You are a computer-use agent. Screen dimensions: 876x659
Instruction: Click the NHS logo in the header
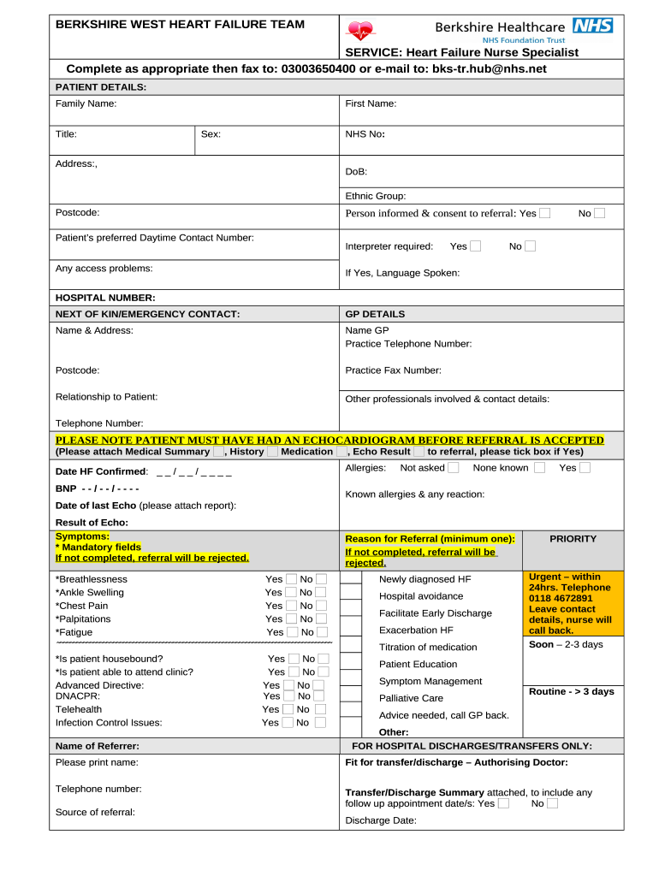[x=592, y=26]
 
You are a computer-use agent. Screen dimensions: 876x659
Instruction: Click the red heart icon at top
[x=360, y=31]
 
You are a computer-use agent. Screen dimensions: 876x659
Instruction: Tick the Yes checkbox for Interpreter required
[x=475, y=246]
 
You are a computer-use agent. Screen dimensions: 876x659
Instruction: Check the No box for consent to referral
[x=599, y=213]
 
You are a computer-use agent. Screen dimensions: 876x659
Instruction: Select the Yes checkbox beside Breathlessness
[x=291, y=579]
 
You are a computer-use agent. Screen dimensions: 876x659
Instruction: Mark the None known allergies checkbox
[x=539, y=468]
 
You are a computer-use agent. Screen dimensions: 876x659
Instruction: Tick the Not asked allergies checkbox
[x=453, y=468]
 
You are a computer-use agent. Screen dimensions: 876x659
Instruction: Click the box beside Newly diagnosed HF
[x=351, y=579]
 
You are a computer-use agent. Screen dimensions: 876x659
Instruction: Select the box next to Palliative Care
[x=351, y=698]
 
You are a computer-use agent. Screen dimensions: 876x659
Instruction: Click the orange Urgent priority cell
[x=573, y=603]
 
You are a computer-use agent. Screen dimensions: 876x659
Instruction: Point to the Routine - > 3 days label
[x=571, y=691]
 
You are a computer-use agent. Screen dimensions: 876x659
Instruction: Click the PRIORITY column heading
[x=573, y=539]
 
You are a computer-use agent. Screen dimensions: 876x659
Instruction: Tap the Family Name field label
[x=86, y=104]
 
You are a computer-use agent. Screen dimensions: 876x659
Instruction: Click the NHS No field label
[x=365, y=134]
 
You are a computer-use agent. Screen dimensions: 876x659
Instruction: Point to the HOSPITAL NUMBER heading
[x=105, y=298]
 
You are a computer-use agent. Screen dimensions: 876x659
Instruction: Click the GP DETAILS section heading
[x=375, y=314]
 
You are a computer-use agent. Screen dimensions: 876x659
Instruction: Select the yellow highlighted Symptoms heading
[x=82, y=536]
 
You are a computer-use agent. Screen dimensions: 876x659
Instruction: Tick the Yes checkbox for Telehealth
[x=288, y=709]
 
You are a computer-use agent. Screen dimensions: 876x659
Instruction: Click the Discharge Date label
[x=381, y=820]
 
